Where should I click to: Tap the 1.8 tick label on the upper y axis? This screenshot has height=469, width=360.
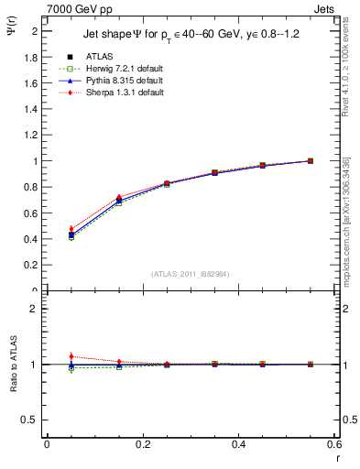tap(31, 57)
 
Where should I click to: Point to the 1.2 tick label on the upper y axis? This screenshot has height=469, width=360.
tap(31, 135)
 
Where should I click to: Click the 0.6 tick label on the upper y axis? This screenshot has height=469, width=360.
tap(31, 213)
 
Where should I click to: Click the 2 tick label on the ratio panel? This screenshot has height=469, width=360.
tap(35, 309)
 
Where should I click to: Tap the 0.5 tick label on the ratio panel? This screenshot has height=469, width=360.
tap(31, 420)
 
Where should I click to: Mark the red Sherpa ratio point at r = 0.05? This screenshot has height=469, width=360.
tap(47, 356)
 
